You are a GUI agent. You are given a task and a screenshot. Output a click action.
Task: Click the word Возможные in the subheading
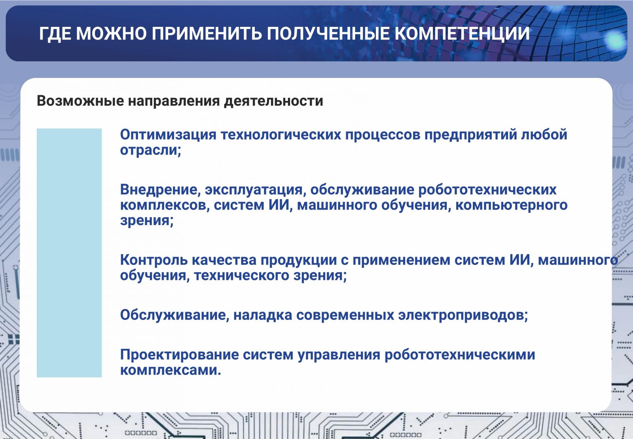(80, 101)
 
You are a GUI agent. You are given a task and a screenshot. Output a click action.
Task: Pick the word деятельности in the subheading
(273, 101)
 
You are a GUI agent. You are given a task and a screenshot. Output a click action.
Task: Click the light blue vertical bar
(69, 253)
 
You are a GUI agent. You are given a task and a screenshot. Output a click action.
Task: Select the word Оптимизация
(168, 134)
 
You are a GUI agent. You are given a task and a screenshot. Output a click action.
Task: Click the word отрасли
(151, 150)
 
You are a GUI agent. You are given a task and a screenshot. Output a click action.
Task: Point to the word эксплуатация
(256, 190)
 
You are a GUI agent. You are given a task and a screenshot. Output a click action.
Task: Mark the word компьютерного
(511, 205)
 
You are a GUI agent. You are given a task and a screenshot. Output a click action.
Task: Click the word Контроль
(154, 260)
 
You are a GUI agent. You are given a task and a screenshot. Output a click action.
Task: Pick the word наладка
(263, 315)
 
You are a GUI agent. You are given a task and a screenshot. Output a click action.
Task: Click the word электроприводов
(463, 315)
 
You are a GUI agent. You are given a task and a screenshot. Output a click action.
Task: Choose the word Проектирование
(180, 355)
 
